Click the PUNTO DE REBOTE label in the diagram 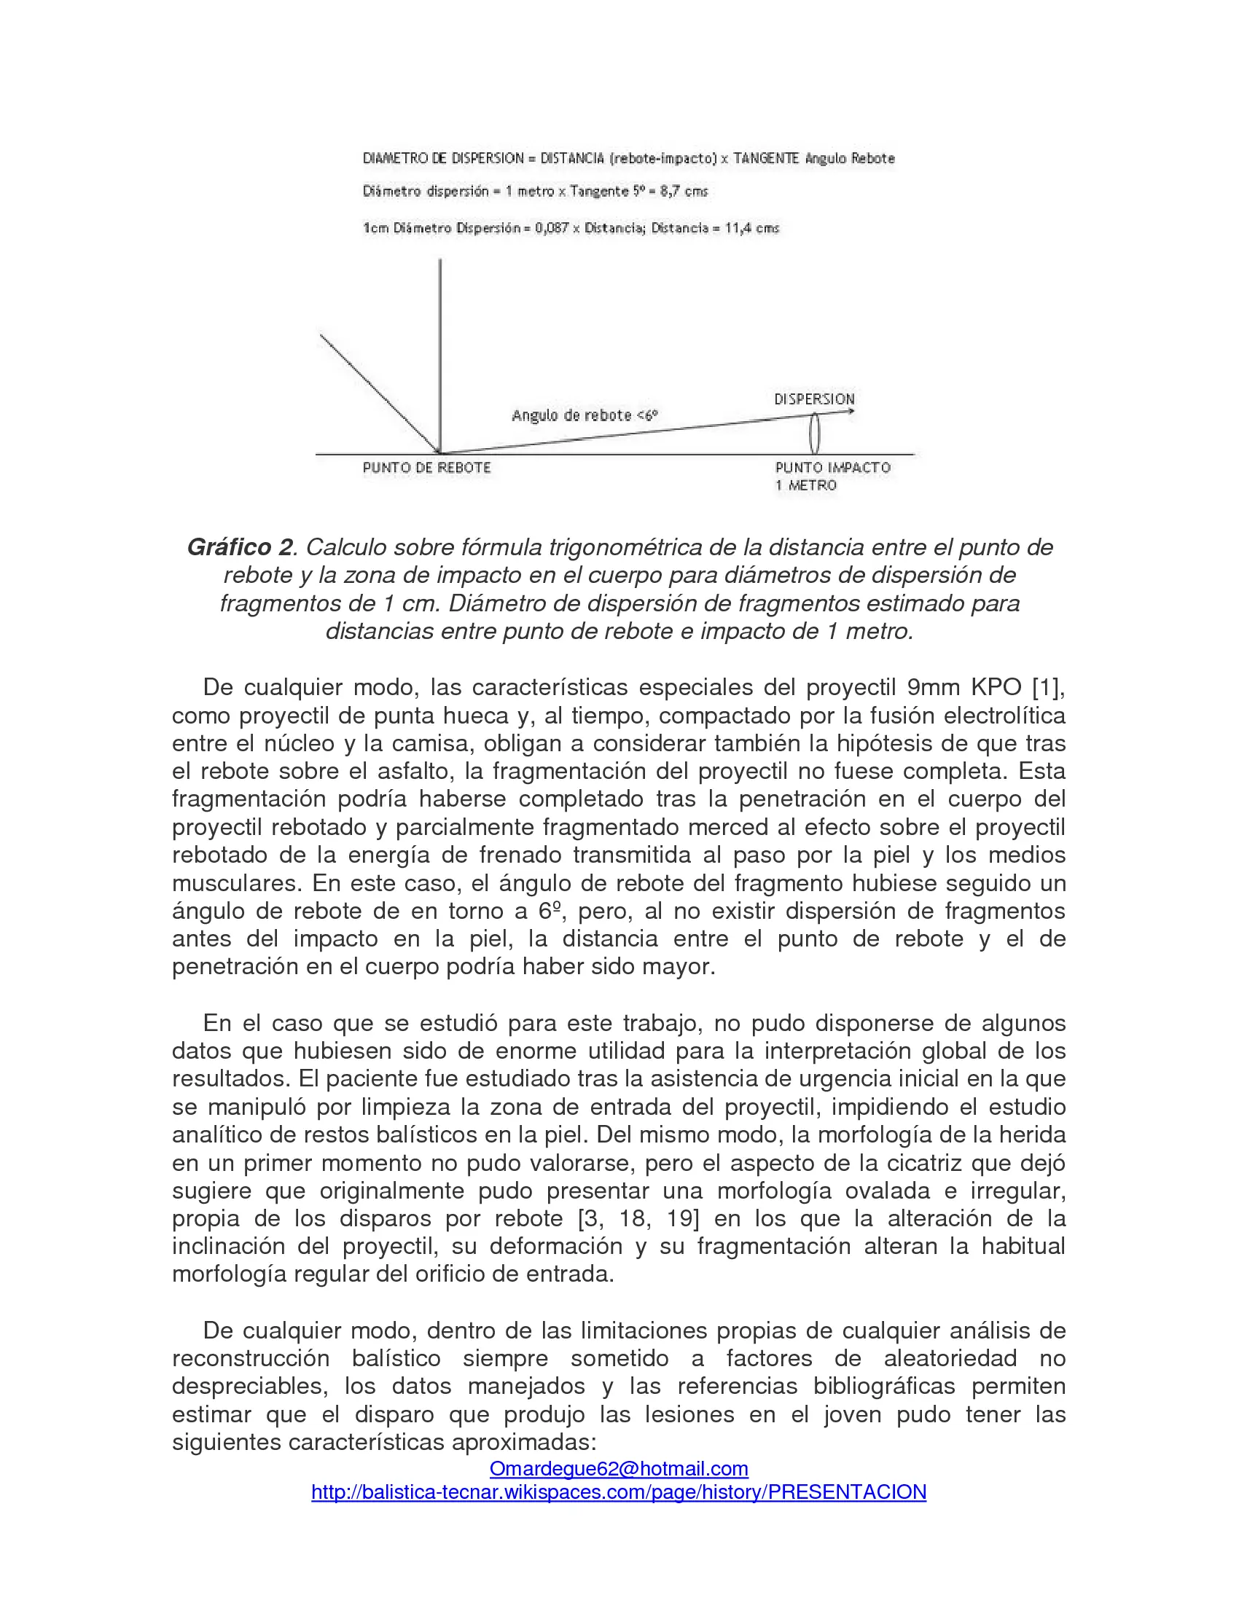(426, 468)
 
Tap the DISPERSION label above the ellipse (814, 399)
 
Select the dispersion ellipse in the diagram (814, 433)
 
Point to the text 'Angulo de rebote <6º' (585, 415)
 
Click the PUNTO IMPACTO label (832, 468)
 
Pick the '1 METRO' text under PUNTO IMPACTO (806, 485)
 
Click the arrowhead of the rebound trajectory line (851, 412)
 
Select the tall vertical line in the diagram (439, 353)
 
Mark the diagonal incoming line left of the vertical (378, 393)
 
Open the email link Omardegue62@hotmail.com (619, 1469)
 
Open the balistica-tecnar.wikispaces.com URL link (619, 1492)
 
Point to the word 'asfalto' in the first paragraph (416, 771)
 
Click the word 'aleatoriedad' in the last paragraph (950, 1359)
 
